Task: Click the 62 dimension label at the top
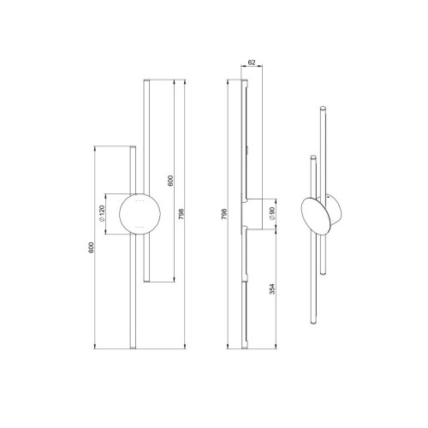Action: pos(252,62)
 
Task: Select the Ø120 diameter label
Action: pos(102,213)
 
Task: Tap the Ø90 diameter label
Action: pos(271,213)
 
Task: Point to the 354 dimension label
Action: pos(272,288)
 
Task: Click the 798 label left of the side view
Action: pos(224,214)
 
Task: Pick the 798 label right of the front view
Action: pos(181,214)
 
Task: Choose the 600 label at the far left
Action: pos(91,247)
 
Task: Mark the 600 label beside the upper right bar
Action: pos(170,181)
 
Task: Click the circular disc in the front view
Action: pos(140,214)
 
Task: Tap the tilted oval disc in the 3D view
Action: pos(316,216)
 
